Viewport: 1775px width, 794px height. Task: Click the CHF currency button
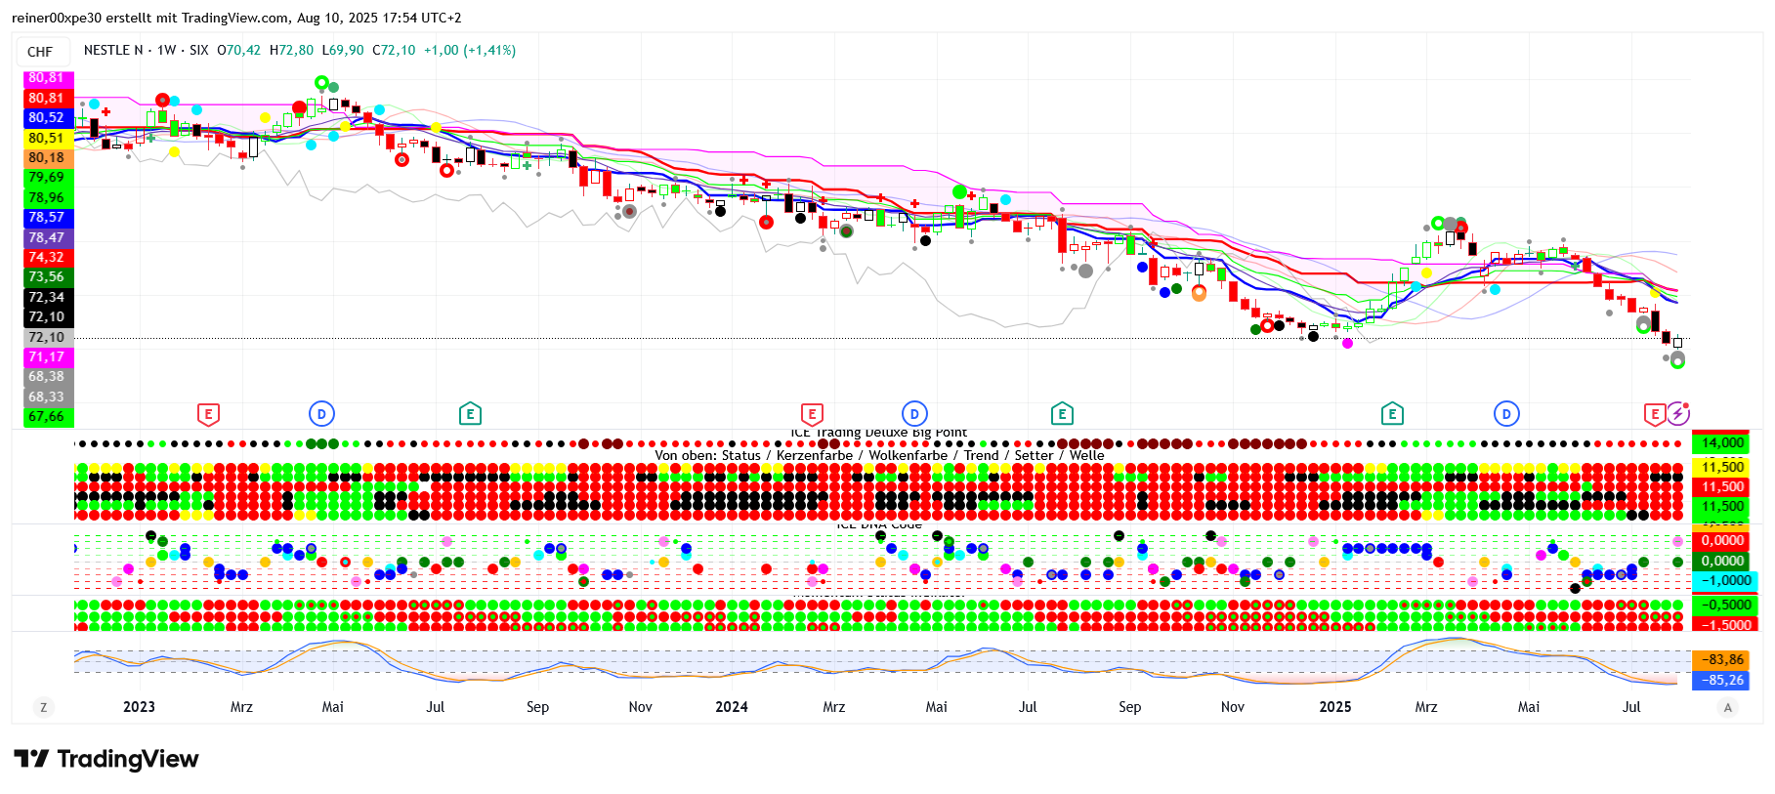click(x=40, y=52)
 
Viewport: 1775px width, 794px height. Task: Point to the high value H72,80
click(x=291, y=50)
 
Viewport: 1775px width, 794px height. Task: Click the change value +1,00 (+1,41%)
click(x=470, y=50)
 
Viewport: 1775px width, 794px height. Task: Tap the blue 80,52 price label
click(x=46, y=117)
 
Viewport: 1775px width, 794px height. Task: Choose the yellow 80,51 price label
click(x=46, y=138)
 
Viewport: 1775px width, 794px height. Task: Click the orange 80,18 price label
click(x=46, y=157)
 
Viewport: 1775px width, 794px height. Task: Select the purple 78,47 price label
click(x=46, y=237)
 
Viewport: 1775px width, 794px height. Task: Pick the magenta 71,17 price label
click(x=46, y=356)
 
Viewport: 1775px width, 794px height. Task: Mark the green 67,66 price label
click(x=46, y=417)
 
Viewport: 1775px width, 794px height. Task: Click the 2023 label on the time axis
click(x=139, y=707)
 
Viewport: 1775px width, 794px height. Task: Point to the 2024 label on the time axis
click(x=732, y=707)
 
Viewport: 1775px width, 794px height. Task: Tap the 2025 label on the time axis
click(x=1335, y=707)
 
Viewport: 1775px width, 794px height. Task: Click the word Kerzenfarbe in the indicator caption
click(x=815, y=456)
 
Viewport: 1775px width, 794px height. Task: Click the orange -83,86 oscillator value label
click(x=1723, y=660)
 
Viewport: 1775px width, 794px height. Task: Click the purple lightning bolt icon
click(x=1677, y=413)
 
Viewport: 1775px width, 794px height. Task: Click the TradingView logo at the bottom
click(x=106, y=759)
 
